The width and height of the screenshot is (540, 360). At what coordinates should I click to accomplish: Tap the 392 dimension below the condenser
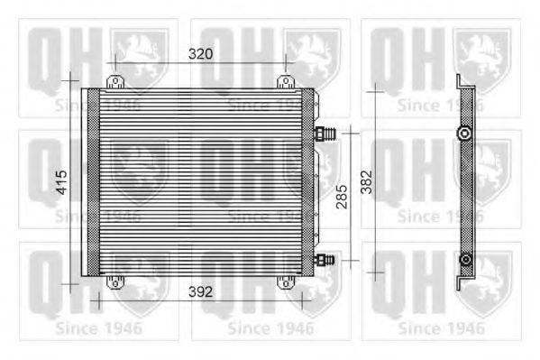pyautogui.click(x=201, y=292)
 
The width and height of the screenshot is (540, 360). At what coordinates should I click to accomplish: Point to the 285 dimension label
pyautogui.click(x=340, y=198)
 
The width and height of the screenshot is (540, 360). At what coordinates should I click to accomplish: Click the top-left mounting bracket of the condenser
pyautogui.click(x=114, y=82)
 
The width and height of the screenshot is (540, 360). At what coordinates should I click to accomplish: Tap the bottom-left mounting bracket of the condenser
pyautogui.click(x=114, y=282)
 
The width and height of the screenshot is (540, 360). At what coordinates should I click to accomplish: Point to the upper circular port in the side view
pyautogui.click(x=464, y=134)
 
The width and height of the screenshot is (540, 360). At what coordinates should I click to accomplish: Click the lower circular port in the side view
pyautogui.click(x=464, y=261)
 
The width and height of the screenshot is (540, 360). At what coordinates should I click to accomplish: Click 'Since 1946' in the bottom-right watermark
pyautogui.click(x=441, y=328)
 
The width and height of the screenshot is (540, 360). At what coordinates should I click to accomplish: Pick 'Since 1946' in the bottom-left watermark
pyautogui.click(x=98, y=328)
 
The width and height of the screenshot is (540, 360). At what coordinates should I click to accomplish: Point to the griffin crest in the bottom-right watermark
pyautogui.click(x=482, y=276)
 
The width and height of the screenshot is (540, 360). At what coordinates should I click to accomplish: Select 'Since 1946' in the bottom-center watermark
pyautogui.click(x=270, y=328)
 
